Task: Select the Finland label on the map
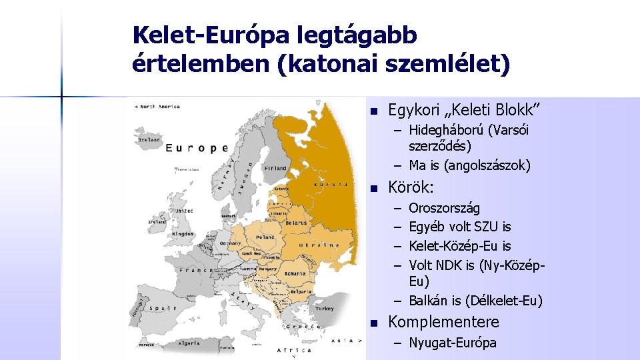point(274,168)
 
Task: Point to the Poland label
point(266,237)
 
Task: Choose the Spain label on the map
point(161,307)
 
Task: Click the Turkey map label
point(325,309)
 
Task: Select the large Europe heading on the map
point(197,148)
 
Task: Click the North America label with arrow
point(157,106)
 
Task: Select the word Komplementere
point(443,322)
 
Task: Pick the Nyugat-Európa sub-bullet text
point(453,343)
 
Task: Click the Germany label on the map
point(231,243)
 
